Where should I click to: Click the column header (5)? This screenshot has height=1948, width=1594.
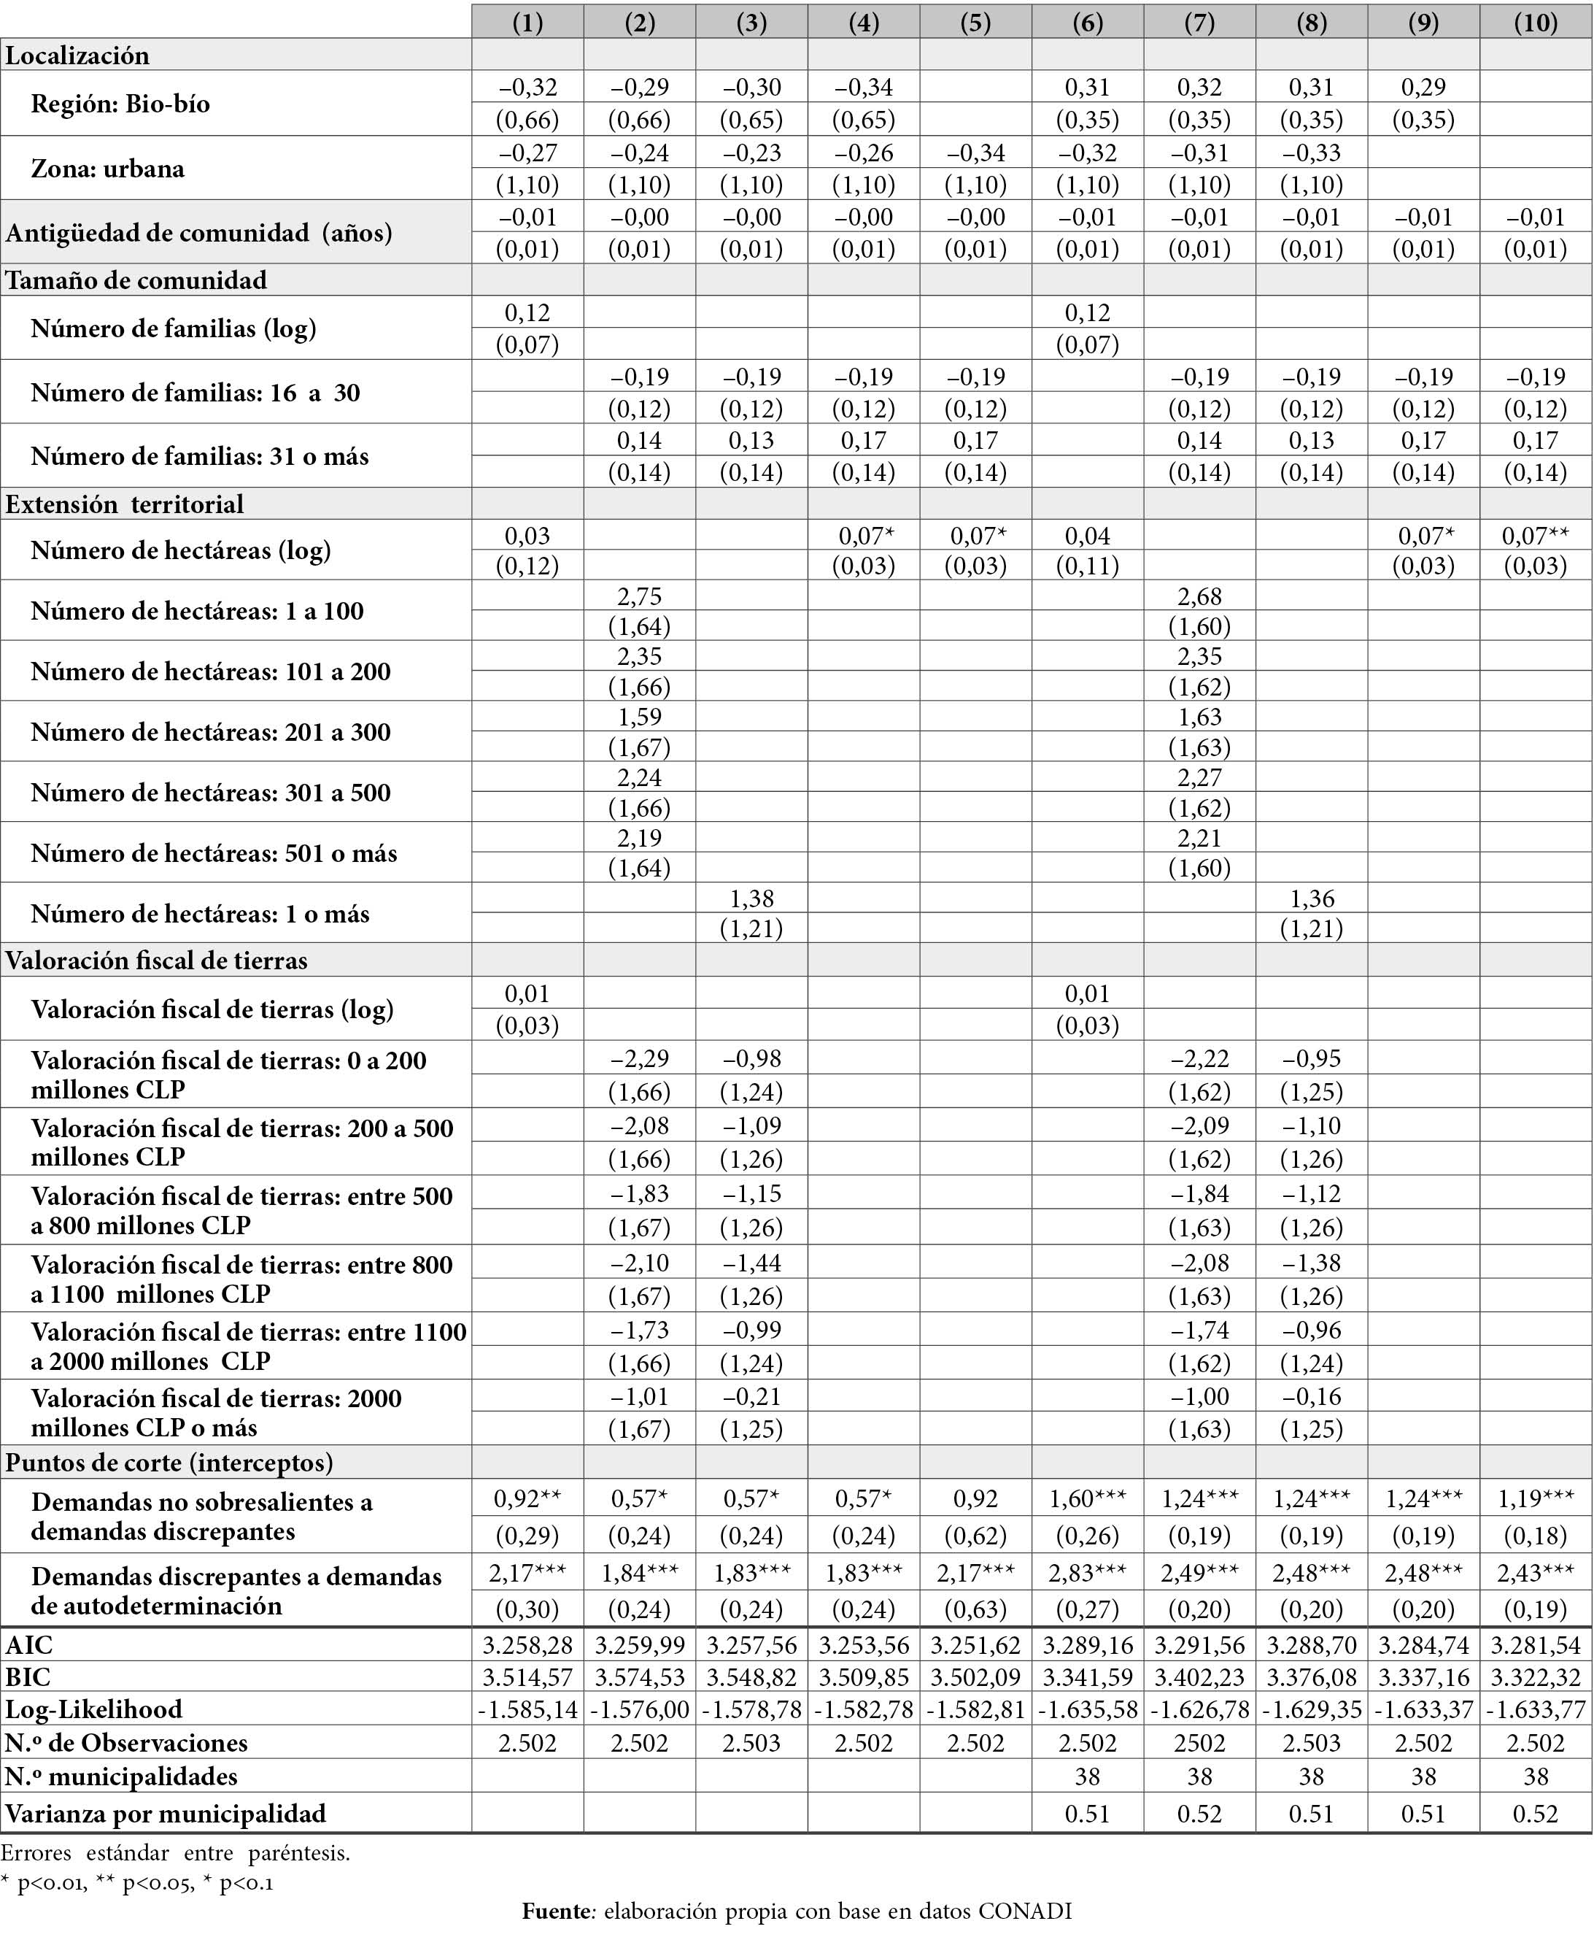click(x=975, y=22)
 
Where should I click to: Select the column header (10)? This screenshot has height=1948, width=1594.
click(x=1535, y=22)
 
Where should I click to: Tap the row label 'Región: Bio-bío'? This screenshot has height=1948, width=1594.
click(x=120, y=104)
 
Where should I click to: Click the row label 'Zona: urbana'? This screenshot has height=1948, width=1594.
click(x=107, y=169)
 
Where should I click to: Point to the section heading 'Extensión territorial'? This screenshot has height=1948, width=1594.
click(x=125, y=504)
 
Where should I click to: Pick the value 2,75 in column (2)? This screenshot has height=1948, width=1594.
click(x=639, y=596)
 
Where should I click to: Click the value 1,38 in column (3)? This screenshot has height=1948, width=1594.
click(x=751, y=898)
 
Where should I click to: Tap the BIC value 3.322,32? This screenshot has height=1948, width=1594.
click(x=1535, y=1678)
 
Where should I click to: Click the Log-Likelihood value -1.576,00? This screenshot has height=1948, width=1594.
click(x=639, y=1710)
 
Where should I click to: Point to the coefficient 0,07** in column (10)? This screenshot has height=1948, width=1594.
click(x=1535, y=536)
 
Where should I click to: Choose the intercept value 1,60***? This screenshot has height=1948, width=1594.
click(x=1087, y=1499)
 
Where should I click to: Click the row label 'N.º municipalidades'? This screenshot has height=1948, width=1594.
click(x=121, y=1777)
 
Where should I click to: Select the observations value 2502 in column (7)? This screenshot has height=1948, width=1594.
click(x=1199, y=1743)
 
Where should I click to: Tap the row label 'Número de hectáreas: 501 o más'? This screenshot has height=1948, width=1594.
click(x=214, y=853)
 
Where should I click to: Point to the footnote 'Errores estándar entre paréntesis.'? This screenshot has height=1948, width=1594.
click(x=175, y=1852)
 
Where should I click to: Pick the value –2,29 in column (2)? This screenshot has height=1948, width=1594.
click(x=639, y=1059)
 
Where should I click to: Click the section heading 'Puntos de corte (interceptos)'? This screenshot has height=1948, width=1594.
click(x=170, y=1462)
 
